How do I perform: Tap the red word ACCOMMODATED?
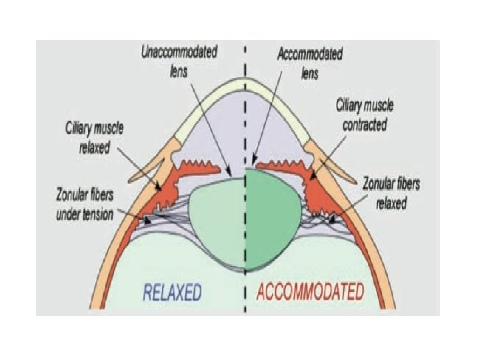311,292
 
